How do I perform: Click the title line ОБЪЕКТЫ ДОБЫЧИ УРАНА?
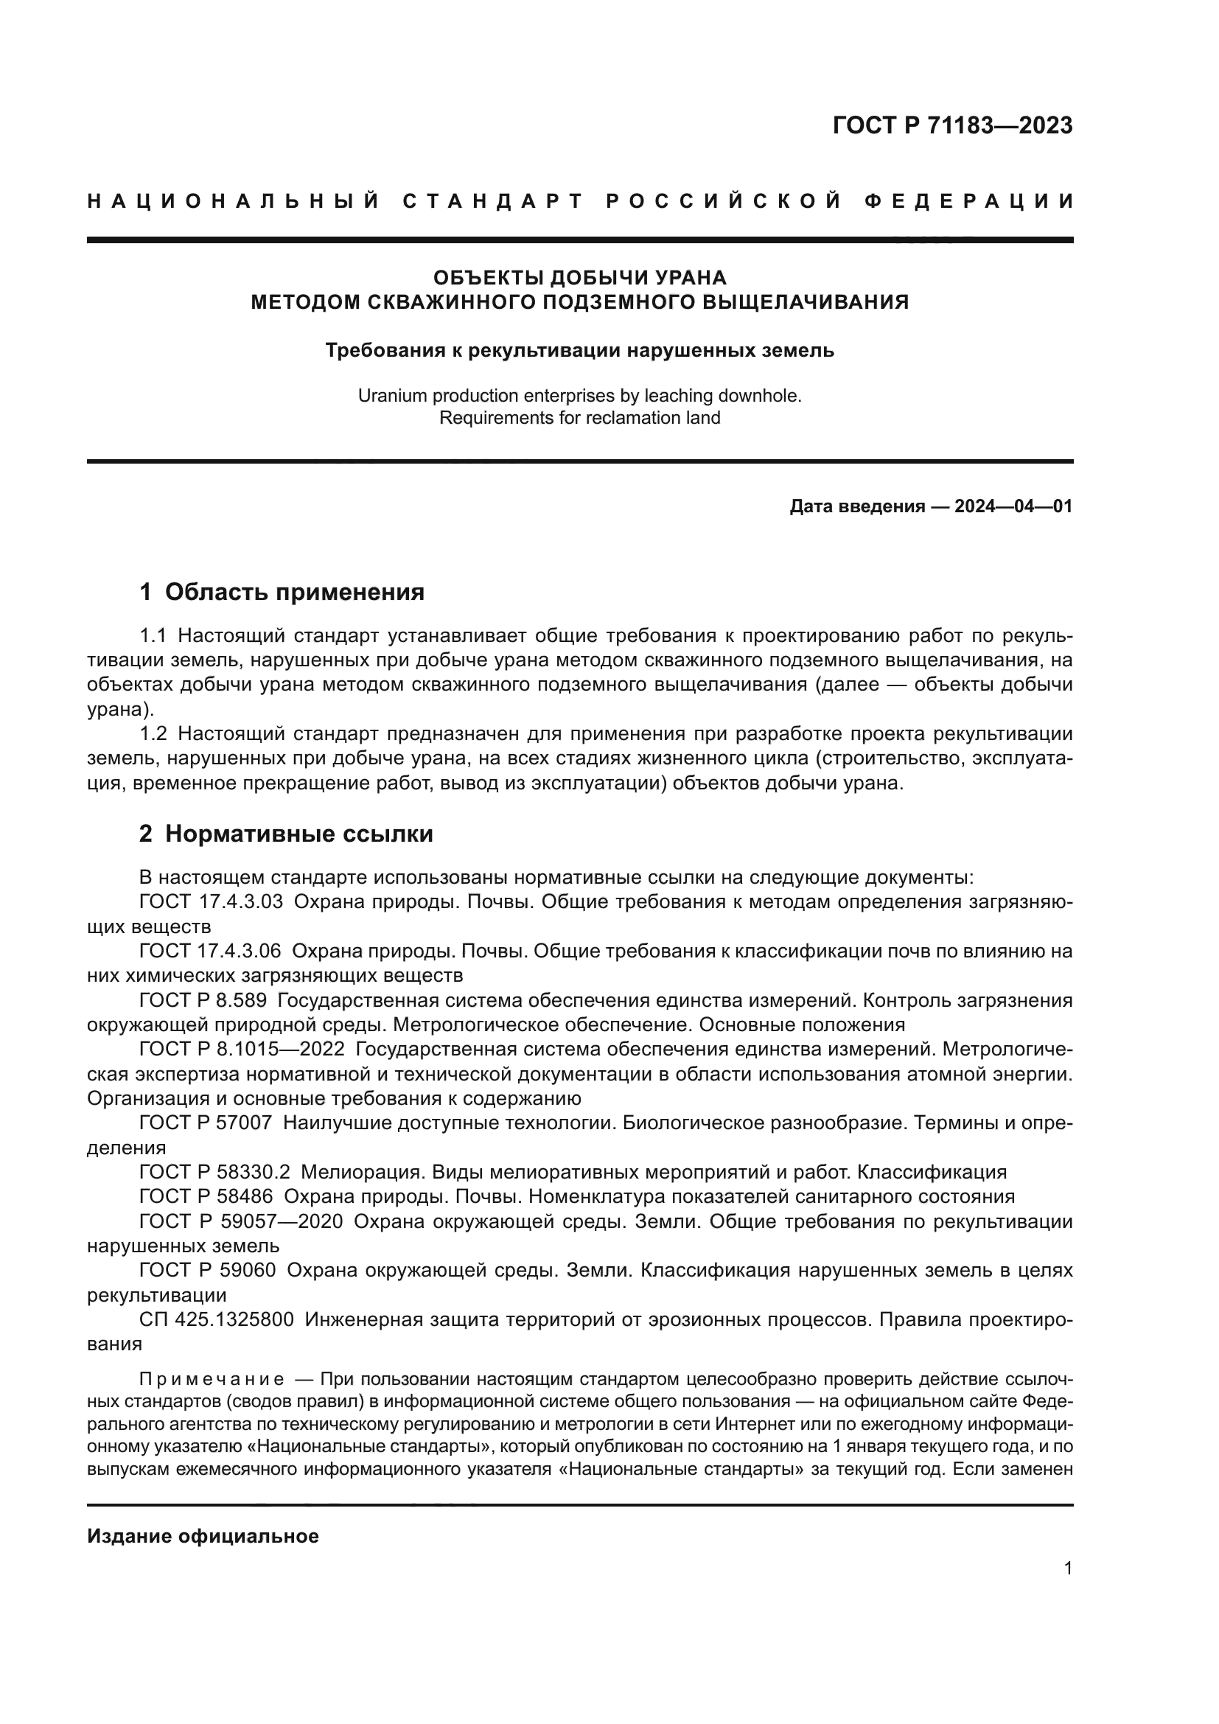pos(579,278)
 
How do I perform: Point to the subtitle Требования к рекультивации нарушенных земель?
pos(579,350)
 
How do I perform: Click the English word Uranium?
pos(391,396)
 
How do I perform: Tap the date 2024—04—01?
pos(1013,506)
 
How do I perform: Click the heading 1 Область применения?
pos(282,592)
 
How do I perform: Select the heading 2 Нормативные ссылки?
pos(286,834)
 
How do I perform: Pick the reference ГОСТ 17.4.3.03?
pos(211,901)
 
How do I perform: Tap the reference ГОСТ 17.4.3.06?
pos(210,952)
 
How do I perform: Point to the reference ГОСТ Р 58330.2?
pos(214,1172)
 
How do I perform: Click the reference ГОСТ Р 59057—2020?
pos(241,1221)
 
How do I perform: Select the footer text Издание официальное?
pos(203,1536)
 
